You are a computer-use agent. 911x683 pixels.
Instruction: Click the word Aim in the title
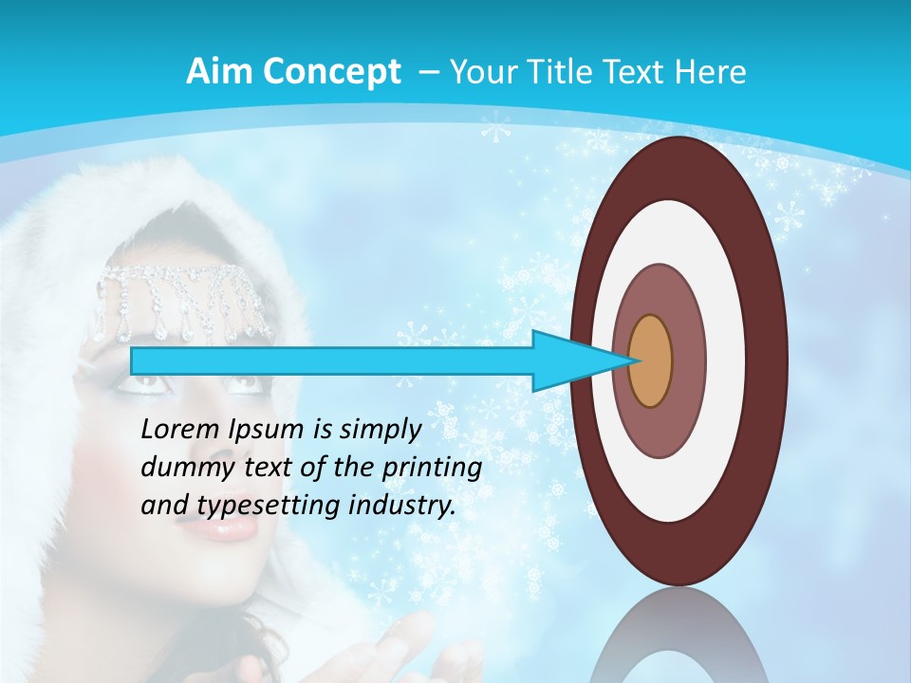click(219, 71)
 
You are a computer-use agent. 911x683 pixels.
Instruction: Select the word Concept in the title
click(330, 72)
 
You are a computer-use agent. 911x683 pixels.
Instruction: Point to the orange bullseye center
click(650, 361)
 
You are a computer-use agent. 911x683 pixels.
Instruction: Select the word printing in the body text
click(433, 468)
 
